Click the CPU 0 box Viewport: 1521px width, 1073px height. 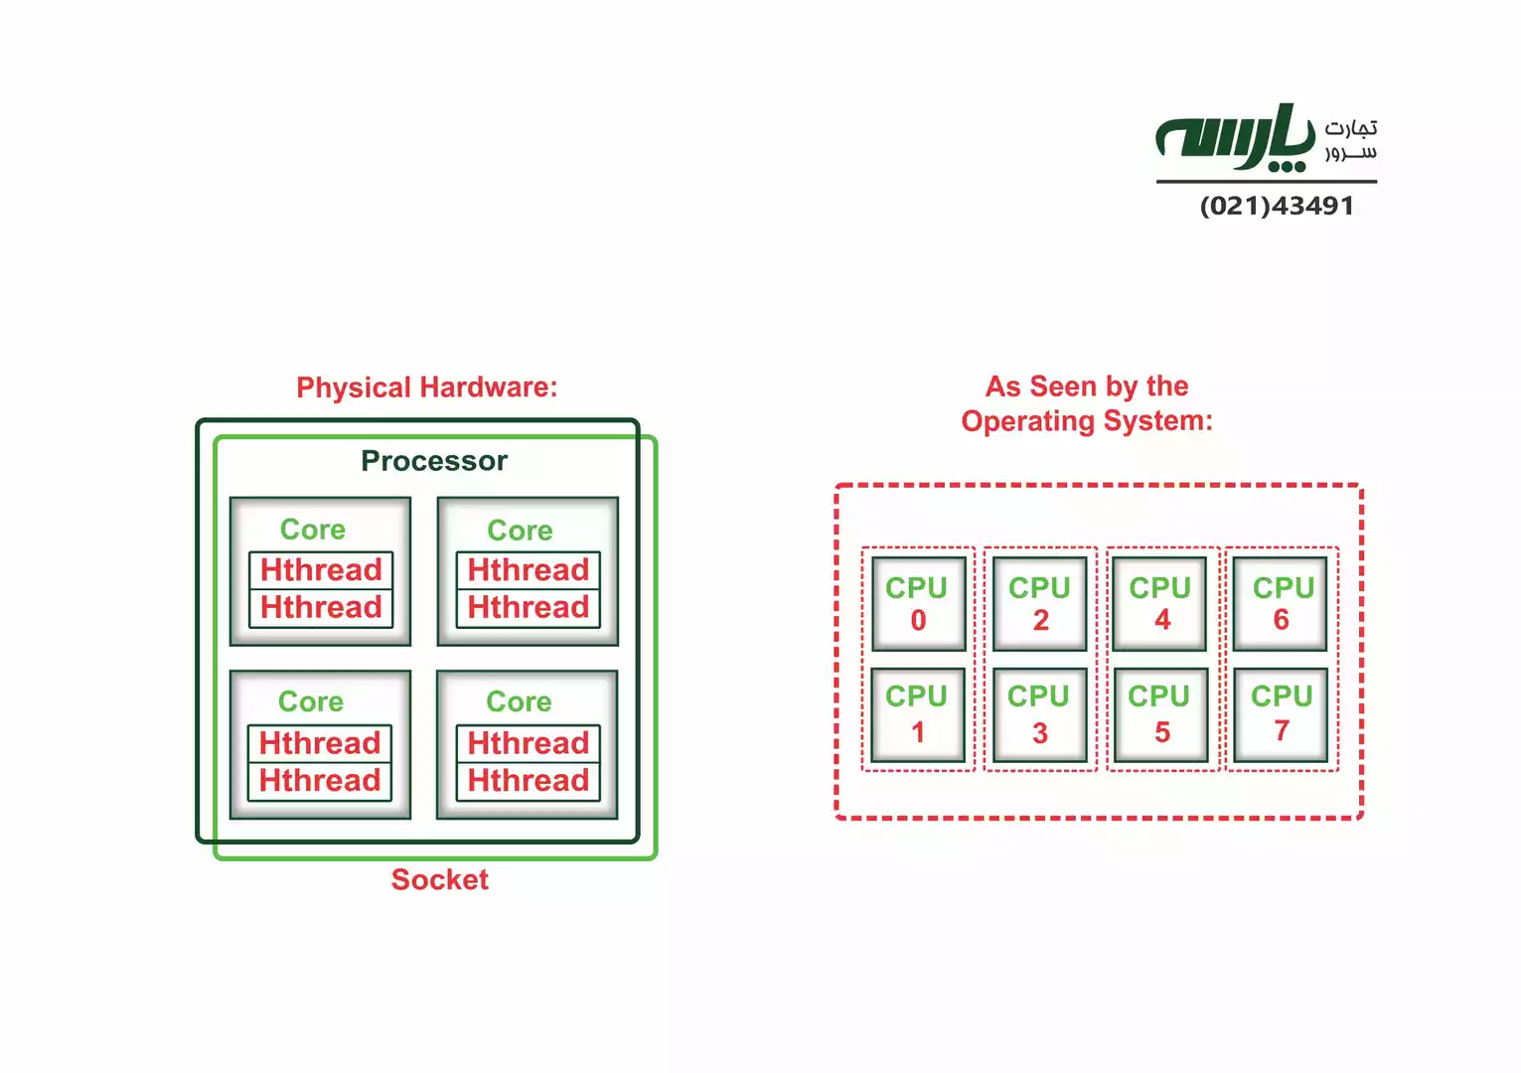click(x=918, y=604)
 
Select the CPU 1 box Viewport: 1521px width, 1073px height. click(x=918, y=714)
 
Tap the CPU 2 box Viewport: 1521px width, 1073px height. click(x=1039, y=604)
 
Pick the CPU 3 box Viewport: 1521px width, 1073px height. click(x=1039, y=714)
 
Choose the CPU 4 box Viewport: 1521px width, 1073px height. click(x=1159, y=604)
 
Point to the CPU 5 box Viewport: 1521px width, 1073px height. click(x=1160, y=714)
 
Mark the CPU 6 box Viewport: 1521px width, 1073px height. click(x=1282, y=604)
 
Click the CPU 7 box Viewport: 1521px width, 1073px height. click(x=1282, y=714)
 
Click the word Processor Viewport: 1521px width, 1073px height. click(x=434, y=461)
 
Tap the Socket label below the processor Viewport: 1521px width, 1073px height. click(x=440, y=880)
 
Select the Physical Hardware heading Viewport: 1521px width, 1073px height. click(x=427, y=387)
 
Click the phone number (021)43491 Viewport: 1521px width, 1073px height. click(x=1277, y=206)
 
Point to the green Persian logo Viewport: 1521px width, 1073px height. click(x=1235, y=139)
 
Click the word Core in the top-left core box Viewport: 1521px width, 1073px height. click(x=313, y=530)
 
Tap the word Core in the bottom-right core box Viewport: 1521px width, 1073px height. click(x=519, y=701)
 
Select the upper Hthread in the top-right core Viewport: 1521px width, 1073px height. click(x=529, y=570)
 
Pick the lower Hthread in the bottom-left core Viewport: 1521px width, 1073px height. click(x=320, y=781)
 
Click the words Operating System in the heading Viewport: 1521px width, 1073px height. click(x=1087, y=421)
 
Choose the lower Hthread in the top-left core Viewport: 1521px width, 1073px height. click(x=321, y=607)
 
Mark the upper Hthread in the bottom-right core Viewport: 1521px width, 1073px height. click(x=529, y=743)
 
